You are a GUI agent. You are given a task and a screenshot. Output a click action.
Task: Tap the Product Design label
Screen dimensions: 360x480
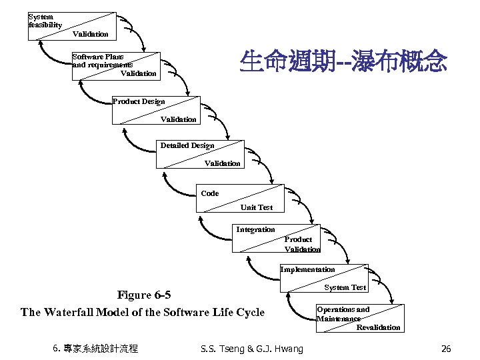[138, 101]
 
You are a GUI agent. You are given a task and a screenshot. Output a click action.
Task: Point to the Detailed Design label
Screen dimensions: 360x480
[187, 145]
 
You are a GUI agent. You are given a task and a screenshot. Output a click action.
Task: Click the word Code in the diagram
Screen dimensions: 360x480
[209, 193]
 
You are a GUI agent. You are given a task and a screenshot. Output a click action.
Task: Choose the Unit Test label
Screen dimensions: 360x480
[257, 207]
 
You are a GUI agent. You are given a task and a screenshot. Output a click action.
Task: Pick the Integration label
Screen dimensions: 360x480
[255, 229]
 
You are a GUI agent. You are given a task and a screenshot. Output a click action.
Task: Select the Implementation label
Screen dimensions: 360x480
[307, 269]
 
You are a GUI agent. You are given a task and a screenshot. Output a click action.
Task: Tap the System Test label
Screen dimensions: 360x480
[345, 287]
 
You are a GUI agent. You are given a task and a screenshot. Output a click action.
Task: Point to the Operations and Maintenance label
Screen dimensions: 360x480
[342, 314]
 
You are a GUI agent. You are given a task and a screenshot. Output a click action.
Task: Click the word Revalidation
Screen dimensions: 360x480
[378, 327]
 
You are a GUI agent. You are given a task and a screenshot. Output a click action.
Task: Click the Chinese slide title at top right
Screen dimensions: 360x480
[343, 63]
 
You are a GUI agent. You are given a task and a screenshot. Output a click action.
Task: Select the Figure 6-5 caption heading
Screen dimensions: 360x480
[143, 295]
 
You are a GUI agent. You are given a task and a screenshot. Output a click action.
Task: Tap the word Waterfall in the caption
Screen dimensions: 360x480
[69, 312]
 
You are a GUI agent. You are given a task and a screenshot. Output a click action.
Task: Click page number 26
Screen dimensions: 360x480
[446, 349]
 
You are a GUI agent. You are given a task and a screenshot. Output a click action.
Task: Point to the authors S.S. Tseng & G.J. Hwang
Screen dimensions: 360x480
[251, 349]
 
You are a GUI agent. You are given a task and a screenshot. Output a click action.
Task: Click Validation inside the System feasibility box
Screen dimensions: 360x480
[90, 33]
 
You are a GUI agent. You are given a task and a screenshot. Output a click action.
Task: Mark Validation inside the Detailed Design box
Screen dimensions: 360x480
[222, 163]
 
